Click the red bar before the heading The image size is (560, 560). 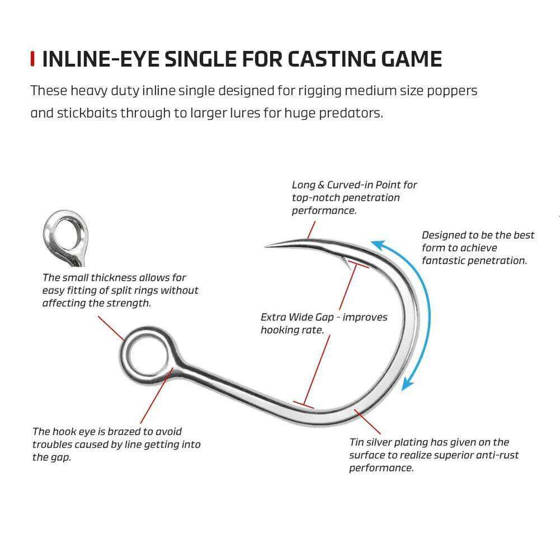click(33, 59)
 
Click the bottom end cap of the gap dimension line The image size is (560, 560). click(304, 404)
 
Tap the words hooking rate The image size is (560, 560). click(291, 330)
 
